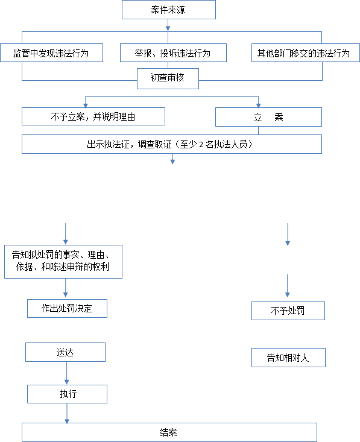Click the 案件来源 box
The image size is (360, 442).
[169, 10]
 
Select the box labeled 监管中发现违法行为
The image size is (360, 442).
[52, 52]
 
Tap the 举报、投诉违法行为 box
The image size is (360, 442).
[173, 52]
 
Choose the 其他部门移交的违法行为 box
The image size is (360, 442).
[306, 52]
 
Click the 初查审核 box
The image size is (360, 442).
[168, 78]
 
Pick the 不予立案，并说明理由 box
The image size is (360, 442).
[93, 116]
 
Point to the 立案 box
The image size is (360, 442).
[268, 117]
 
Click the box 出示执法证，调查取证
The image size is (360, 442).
[172, 144]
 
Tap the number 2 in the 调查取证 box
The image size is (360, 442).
[201, 145]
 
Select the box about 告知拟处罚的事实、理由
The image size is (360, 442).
[63, 262]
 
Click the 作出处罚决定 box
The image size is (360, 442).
[67, 308]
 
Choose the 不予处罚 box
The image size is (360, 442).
[288, 311]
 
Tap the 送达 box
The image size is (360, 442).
[65, 352]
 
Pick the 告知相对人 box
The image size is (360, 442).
[288, 358]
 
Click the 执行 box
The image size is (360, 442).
[67, 394]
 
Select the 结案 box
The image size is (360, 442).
[169, 432]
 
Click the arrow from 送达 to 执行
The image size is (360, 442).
[67, 373]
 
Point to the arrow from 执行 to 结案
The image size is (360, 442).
[67, 413]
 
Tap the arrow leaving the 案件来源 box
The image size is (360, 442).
[168, 25]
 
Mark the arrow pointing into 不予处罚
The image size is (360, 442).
[288, 286]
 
